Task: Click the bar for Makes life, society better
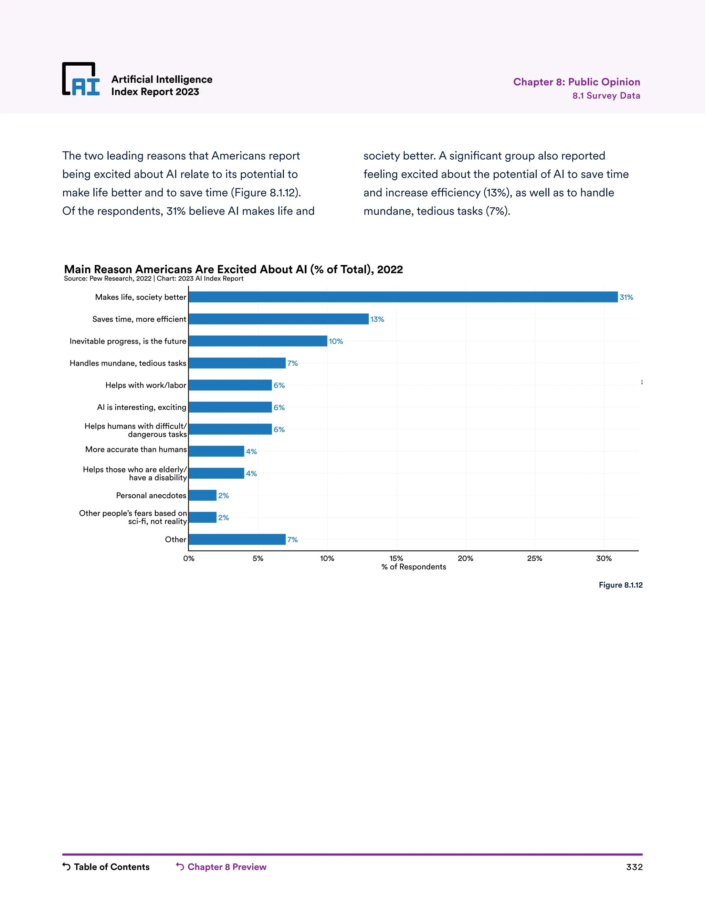click(x=403, y=297)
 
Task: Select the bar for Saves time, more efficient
click(x=278, y=319)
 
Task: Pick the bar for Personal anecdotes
click(x=202, y=495)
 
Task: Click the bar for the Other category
click(x=237, y=540)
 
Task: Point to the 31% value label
click(x=626, y=297)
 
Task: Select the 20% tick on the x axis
click(x=465, y=558)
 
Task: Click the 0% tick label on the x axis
click(x=189, y=558)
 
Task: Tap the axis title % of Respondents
click(x=413, y=567)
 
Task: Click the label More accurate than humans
click(x=136, y=449)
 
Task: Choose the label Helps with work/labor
click(x=146, y=385)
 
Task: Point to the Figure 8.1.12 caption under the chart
click(x=620, y=585)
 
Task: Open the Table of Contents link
click(x=106, y=867)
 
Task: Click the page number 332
click(x=634, y=867)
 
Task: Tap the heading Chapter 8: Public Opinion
click(x=576, y=82)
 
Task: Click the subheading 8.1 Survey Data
click(x=606, y=96)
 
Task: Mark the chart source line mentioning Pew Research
click(x=153, y=278)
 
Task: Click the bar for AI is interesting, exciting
click(x=230, y=407)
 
